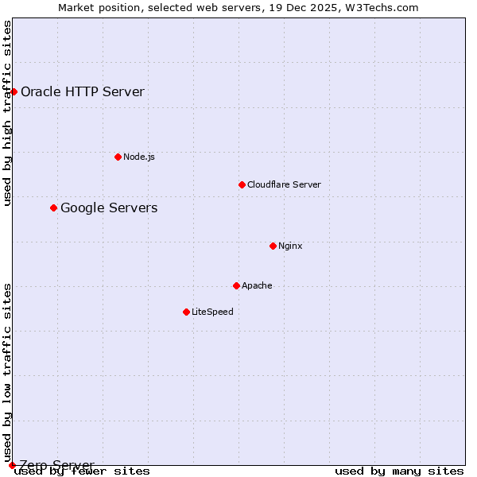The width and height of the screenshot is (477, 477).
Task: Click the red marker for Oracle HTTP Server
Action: click(x=14, y=91)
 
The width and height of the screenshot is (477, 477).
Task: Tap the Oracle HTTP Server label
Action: click(x=83, y=91)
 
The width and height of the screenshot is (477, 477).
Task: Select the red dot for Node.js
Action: click(x=118, y=157)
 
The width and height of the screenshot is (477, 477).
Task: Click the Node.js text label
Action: click(x=139, y=157)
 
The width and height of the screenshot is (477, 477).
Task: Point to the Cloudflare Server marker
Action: click(x=242, y=184)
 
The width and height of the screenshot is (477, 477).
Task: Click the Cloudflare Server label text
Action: click(x=284, y=184)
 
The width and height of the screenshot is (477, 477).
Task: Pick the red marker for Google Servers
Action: click(x=53, y=207)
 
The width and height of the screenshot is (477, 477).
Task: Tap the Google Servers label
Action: click(x=109, y=208)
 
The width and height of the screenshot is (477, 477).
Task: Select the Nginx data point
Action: click(x=273, y=246)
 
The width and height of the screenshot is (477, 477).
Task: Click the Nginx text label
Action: click(x=290, y=246)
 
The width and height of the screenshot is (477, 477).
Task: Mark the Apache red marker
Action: click(x=236, y=285)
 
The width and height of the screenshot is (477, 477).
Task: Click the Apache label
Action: click(x=257, y=285)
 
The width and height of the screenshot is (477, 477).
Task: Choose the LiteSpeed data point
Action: click(x=186, y=312)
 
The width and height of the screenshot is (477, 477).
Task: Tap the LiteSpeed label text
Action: click(x=212, y=312)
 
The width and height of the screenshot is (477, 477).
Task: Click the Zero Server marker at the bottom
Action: click(x=12, y=465)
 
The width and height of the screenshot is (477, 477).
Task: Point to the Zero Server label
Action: click(x=56, y=465)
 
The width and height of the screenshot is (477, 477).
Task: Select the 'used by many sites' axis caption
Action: click(x=399, y=471)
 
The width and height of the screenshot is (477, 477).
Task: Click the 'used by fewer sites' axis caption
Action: click(x=83, y=471)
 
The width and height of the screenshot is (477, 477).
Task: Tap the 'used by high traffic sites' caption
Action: click(x=8, y=113)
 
